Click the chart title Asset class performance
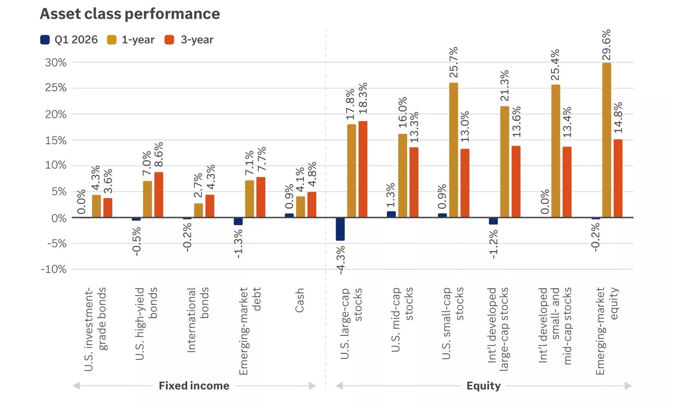click(x=130, y=14)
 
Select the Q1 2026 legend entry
click(x=69, y=40)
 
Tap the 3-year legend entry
click(x=189, y=40)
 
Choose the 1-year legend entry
click(x=131, y=40)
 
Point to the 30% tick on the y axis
click(x=56, y=63)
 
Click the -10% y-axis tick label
click(x=53, y=269)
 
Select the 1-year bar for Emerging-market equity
click(x=607, y=140)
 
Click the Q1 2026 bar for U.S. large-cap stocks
click(x=340, y=229)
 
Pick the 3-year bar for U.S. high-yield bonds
click(x=159, y=195)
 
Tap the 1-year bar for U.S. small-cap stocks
click(x=453, y=150)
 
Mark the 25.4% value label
click(x=555, y=65)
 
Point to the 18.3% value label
click(x=363, y=98)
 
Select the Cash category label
click(x=299, y=300)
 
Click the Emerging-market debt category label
click(x=250, y=330)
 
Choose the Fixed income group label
click(x=194, y=386)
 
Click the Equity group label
click(x=483, y=386)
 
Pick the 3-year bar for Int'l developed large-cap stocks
click(x=516, y=182)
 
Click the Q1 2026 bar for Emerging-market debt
click(x=238, y=221)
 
